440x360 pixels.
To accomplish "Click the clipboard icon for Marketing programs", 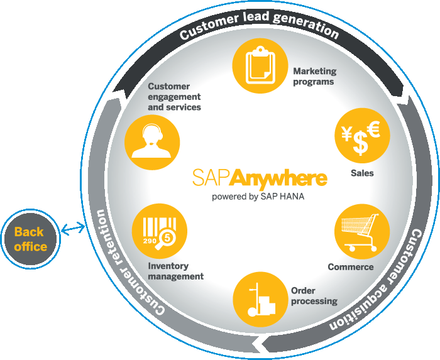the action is pyautogui.click(x=260, y=65).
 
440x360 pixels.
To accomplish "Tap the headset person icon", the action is pyautogui.click(x=152, y=141).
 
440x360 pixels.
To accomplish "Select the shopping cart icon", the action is pyautogui.click(x=360, y=232).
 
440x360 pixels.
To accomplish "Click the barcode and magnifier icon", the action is pyautogui.click(x=160, y=233).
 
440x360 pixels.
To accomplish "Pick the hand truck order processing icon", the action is pyautogui.click(x=261, y=300).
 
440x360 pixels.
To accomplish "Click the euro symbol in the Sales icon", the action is pyautogui.click(x=375, y=129).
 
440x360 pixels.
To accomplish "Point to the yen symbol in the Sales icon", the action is pyautogui.click(x=347, y=133).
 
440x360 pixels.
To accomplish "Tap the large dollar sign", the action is pyautogui.click(x=360, y=143).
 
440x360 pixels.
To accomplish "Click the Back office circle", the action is pyautogui.click(x=30, y=239).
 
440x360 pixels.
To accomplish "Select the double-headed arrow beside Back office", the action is pyautogui.click(x=73, y=229).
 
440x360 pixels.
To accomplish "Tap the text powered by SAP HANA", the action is pyautogui.click(x=258, y=196).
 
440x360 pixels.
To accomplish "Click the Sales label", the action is pyautogui.click(x=362, y=173).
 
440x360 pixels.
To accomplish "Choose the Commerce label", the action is pyautogui.click(x=351, y=266).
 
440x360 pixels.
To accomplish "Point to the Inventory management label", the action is pyautogui.click(x=175, y=271).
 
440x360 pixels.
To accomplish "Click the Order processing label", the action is pyautogui.click(x=314, y=296).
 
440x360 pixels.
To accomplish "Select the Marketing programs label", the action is pyautogui.click(x=314, y=76).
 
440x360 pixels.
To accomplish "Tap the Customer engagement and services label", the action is pyautogui.click(x=174, y=97).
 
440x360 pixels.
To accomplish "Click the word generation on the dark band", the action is pyautogui.click(x=306, y=24).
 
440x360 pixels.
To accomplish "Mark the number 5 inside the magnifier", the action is pyautogui.click(x=168, y=238).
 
